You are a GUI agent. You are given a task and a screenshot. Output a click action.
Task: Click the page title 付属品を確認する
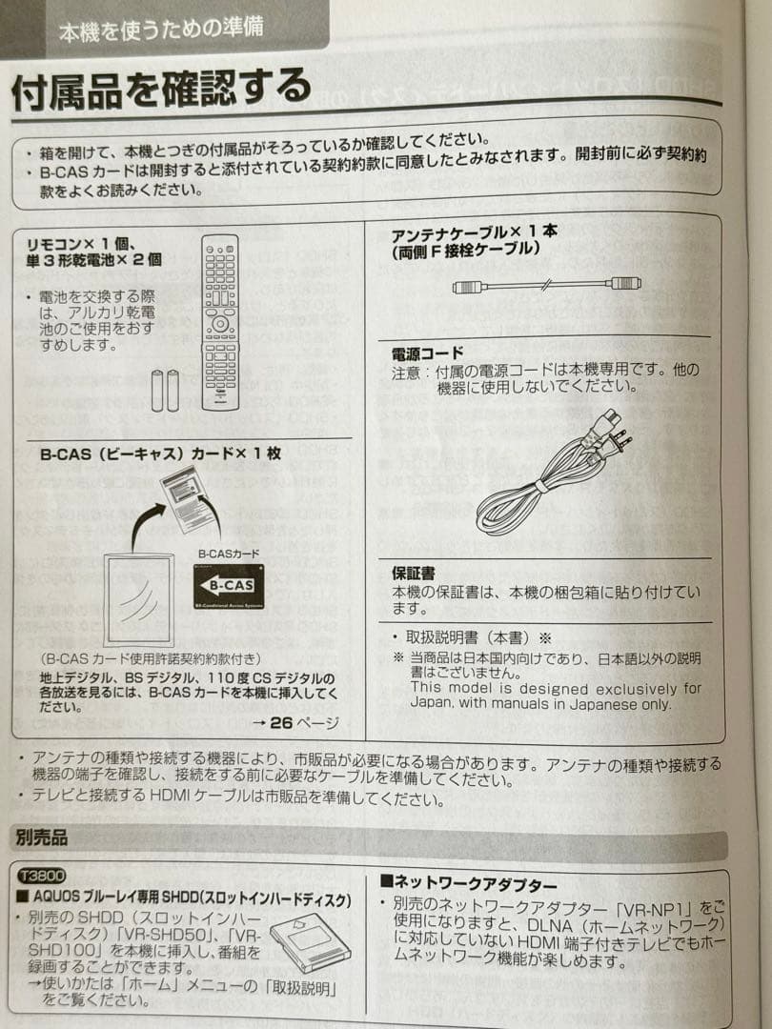tap(161, 91)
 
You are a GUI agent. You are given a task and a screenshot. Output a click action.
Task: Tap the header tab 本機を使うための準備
tap(161, 29)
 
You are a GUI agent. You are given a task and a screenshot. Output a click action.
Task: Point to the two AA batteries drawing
tap(165, 390)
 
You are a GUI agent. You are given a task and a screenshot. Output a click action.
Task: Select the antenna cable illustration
tap(546, 284)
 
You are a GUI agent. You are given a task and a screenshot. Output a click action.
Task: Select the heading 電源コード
tap(428, 353)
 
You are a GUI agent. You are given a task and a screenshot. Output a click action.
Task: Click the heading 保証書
tap(414, 574)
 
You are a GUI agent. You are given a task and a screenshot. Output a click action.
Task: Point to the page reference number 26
tap(280, 722)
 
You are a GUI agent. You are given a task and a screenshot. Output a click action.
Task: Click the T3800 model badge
tap(41, 875)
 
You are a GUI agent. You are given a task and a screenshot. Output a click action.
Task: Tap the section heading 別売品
tap(42, 839)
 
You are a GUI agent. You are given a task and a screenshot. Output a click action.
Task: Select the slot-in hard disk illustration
tap(310, 941)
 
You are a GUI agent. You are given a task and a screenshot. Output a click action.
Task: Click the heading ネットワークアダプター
tap(469, 883)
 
